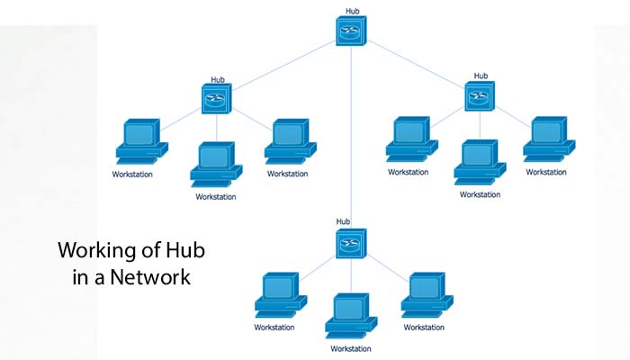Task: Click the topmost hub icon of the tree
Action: pyautogui.click(x=350, y=31)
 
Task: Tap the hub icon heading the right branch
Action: pyautogui.click(x=481, y=96)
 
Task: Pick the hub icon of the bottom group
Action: pyautogui.click(x=350, y=243)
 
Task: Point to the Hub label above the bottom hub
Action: pyautogui.click(x=343, y=220)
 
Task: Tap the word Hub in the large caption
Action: pyautogui.click(x=197, y=249)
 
